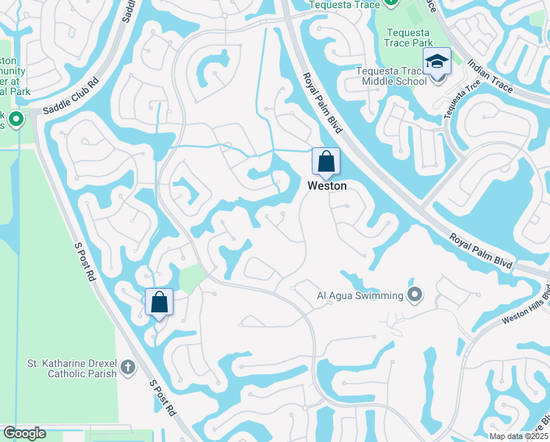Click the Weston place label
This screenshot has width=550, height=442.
326,186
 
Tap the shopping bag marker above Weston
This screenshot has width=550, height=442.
326,162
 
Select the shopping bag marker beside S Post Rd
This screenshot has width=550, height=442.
159,302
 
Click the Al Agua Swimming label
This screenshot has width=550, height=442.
360,295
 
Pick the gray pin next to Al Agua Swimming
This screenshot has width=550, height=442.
415,295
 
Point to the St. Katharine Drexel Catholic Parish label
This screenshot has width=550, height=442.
72,368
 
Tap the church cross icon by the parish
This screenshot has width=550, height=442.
128,368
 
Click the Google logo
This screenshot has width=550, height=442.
24,433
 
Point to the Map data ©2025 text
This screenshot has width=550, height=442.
518,436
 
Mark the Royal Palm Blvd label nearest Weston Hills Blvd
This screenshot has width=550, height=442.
482,251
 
